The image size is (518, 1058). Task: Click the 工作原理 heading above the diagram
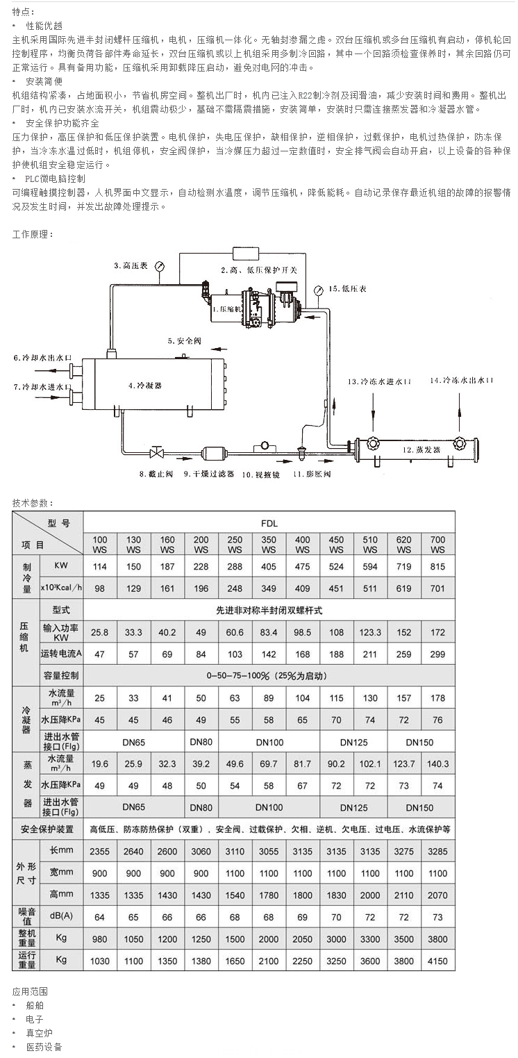(x=33, y=235)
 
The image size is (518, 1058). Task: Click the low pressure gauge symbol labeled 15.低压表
(x=318, y=290)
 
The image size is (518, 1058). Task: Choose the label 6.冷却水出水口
(x=42, y=358)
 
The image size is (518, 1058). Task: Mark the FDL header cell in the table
(x=269, y=522)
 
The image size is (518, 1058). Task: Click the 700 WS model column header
(x=438, y=544)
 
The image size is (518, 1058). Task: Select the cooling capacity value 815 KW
(x=438, y=567)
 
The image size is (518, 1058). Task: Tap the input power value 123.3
(x=370, y=632)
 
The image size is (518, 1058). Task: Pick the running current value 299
(x=438, y=654)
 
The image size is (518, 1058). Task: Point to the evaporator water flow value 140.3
(x=438, y=763)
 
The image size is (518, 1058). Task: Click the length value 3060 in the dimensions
(x=201, y=852)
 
